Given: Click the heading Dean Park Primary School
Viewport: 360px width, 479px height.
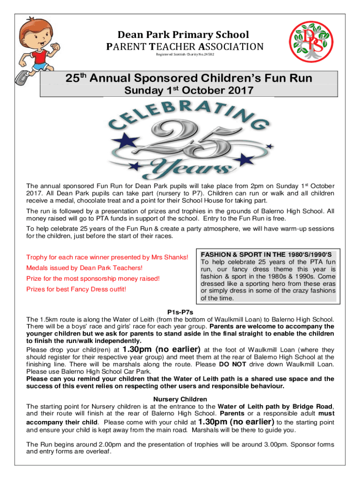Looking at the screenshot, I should click(183, 35).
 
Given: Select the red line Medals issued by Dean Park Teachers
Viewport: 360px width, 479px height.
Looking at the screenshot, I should click(84, 268).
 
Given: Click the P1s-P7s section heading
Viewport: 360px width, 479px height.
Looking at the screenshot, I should click(180, 312).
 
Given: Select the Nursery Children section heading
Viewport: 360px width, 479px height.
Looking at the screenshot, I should click(180, 399).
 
